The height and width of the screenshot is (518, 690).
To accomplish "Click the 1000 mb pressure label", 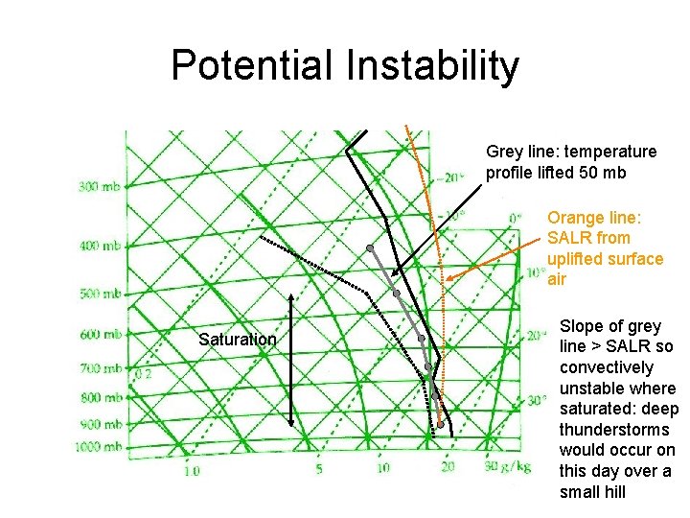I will [101, 446].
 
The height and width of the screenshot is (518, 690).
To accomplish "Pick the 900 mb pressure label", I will [99, 423].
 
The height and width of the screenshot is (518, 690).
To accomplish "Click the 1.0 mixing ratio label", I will [192, 469].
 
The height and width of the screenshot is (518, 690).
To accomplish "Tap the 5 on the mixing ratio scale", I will [319, 469].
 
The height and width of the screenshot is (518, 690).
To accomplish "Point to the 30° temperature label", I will [537, 400].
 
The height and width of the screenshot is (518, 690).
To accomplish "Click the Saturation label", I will [237, 340].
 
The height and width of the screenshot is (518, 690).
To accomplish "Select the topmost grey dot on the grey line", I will [370, 248].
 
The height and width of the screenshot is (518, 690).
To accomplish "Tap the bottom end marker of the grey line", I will [440, 423].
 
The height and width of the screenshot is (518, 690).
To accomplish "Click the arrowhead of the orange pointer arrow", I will [448, 279].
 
